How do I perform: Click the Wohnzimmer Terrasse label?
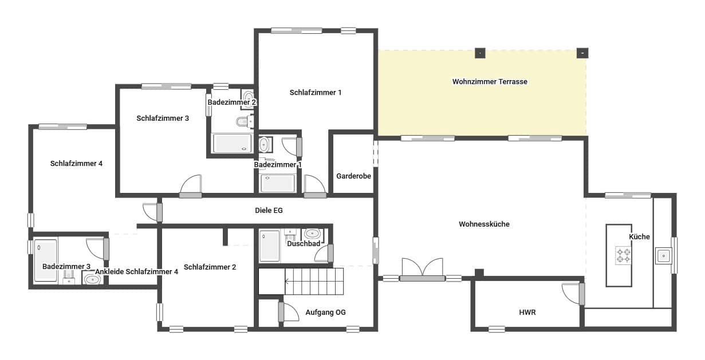(489, 82)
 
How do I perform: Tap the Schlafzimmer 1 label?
(315, 92)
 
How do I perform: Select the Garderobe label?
(353, 176)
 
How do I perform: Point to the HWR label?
(527, 312)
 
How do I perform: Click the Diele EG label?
(269, 211)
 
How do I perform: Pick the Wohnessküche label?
(484, 224)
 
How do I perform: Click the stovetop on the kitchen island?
(623, 255)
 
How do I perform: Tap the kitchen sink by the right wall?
(664, 255)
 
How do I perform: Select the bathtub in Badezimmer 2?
(232, 143)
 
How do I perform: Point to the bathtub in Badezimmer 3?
(45, 260)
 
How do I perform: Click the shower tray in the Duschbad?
(269, 246)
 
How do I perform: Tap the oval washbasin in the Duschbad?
(312, 234)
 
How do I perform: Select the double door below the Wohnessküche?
(422, 269)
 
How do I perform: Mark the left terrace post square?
(480, 53)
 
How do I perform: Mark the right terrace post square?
(582, 53)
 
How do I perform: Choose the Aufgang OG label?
(325, 312)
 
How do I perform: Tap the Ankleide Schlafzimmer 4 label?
(136, 272)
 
